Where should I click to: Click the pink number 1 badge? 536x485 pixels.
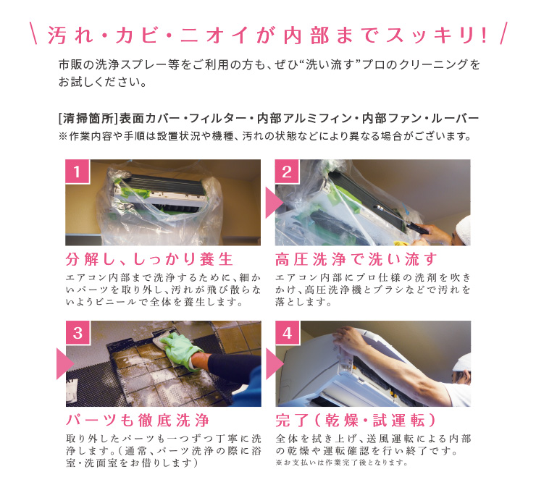tap(78, 172)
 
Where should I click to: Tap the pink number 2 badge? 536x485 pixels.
tap(287, 172)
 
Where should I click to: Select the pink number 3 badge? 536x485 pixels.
tap(78, 333)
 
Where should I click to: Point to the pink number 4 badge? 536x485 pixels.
tap(288, 333)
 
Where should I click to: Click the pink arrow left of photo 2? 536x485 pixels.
tap(273, 203)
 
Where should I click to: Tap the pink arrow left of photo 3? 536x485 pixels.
tap(64, 363)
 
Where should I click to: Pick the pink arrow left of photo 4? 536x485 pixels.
tap(274, 363)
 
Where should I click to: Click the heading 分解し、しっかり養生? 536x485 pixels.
tap(149, 259)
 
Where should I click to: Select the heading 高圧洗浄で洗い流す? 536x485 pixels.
tap(356, 259)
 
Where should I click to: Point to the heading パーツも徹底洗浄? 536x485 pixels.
tap(138, 421)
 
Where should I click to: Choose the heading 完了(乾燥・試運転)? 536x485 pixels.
tap(356, 421)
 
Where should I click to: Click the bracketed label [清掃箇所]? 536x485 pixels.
tap(88, 119)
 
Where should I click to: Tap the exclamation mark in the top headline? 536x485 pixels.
tap(484, 35)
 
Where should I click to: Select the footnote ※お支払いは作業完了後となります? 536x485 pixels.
tap(342, 463)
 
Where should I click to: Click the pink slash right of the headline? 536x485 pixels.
tap(503, 33)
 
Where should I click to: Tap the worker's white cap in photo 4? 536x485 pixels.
tap(462, 363)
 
